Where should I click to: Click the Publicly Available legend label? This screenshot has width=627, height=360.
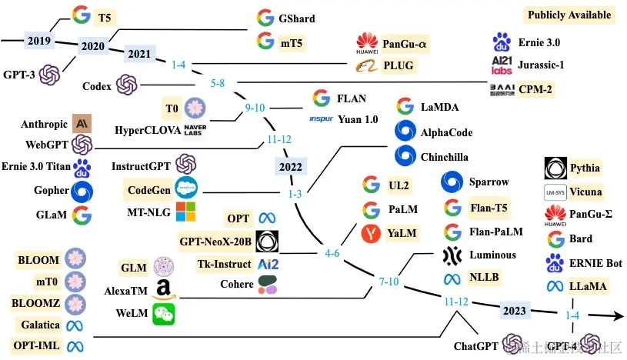(x=569, y=15)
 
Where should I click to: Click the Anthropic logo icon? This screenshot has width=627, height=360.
(x=82, y=122)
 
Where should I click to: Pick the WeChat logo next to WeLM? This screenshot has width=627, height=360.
(x=162, y=313)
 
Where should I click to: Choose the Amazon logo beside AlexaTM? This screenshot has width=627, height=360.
(x=162, y=291)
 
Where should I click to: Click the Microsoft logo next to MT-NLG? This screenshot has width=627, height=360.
(x=186, y=211)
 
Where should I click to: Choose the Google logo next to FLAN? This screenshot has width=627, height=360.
(x=322, y=98)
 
